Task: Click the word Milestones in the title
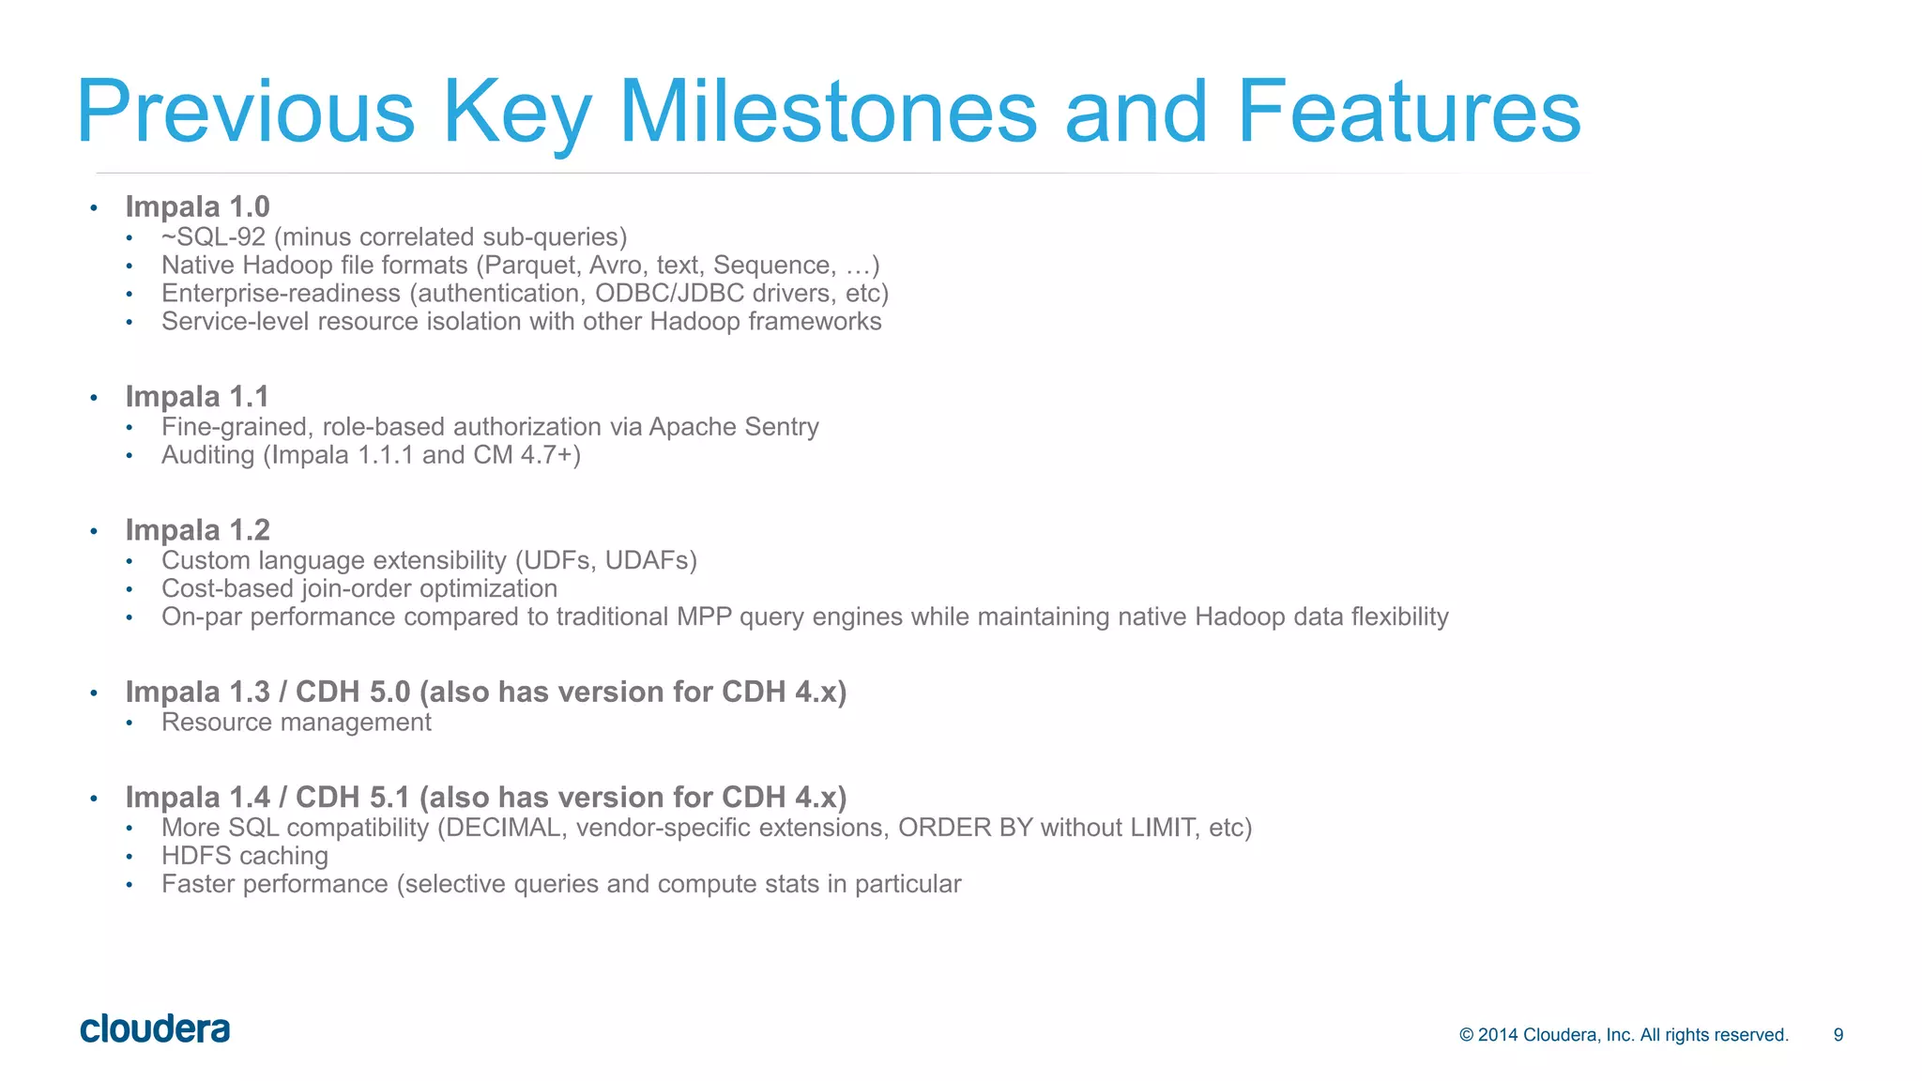point(828,112)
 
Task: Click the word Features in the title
point(1409,112)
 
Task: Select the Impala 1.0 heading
point(197,206)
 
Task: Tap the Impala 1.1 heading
point(197,397)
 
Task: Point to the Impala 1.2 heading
point(197,530)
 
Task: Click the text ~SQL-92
point(213,237)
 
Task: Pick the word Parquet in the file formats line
point(526,266)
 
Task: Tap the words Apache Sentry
point(734,427)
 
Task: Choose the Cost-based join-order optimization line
point(359,588)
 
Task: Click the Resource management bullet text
point(296,723)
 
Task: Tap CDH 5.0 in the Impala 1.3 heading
point(353,693)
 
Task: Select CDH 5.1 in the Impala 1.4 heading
point(353,798)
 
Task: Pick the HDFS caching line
point(245,856)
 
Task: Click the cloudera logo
point(155,1028)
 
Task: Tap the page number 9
point(1838,1035)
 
